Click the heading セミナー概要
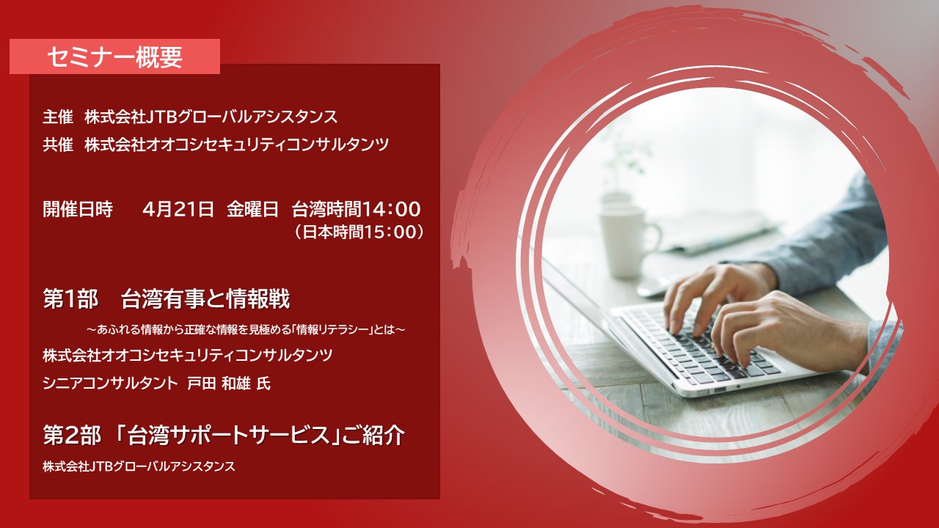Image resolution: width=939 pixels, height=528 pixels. pos(115,57)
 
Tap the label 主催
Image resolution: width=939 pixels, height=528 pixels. pos(58,117)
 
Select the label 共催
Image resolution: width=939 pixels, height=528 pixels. pos(58,144)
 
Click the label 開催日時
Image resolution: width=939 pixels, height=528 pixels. pos(78,209)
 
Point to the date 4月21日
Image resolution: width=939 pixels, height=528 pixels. pos(178,209)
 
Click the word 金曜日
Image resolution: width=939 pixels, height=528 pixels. pos(253,209)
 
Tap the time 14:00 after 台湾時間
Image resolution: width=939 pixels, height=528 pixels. pos(391,209)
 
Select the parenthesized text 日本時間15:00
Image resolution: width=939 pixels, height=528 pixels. pos(359,232)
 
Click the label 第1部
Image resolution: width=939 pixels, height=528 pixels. pos(70,300)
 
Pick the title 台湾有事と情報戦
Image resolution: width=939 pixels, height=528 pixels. pos(205,300)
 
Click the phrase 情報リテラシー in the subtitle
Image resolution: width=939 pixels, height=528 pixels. pos(332,330)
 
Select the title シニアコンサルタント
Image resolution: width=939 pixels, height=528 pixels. pos(111,384)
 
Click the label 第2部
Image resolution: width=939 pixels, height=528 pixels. pos(72,436)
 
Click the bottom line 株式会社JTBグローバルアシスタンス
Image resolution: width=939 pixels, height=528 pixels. pos(139,466)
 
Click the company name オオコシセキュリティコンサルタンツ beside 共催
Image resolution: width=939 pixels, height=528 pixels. pos(266,144)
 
